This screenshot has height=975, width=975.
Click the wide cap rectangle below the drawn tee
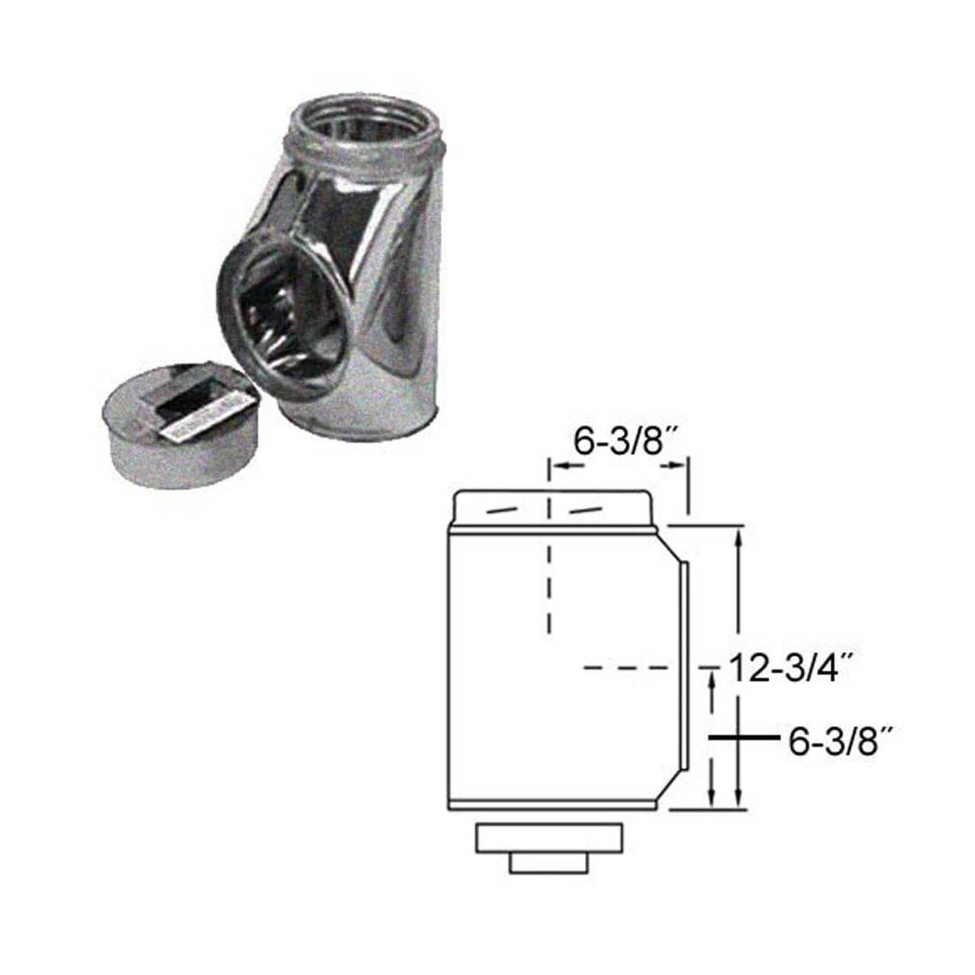(x=551, y=839)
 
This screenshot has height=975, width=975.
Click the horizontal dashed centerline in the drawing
(x=625, y=669)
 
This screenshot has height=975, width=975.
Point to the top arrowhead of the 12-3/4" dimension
(x=738, y=537)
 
